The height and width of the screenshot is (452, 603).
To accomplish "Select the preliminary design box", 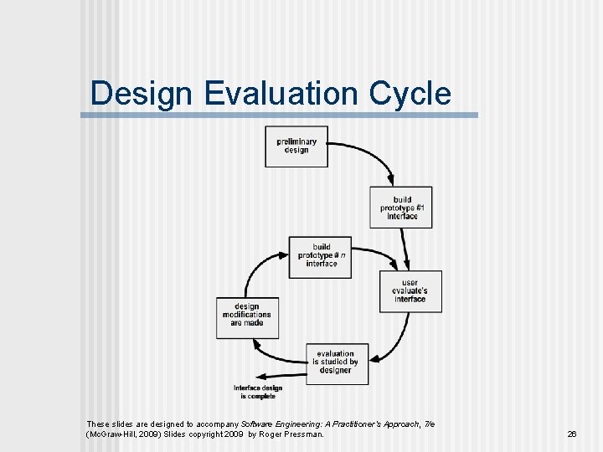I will [296, 146].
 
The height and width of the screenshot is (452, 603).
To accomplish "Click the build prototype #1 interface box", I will [401, 207].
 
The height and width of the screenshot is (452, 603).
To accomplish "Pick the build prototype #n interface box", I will [321, 255].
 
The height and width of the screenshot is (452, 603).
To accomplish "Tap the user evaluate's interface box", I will [410, 291].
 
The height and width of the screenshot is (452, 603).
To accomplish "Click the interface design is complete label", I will [257, 392].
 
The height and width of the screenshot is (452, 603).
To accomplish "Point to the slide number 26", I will [572, 434].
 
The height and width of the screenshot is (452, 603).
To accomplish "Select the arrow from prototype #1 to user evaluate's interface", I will [405, 248].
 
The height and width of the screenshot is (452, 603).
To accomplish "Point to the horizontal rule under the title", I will [280, 115].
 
